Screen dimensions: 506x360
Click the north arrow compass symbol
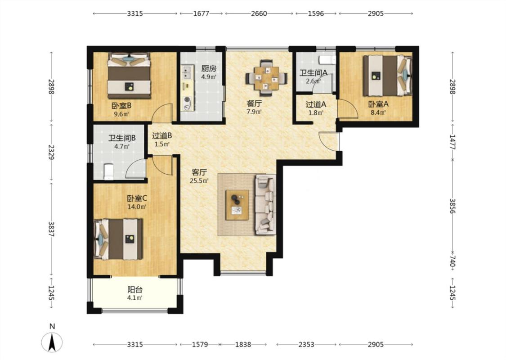pyautogui.click(x=52, y=342)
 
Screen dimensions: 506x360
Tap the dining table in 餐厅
pyautogui.click(x=266, y=78)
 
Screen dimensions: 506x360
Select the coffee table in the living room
pyautogui.click(x=237, y=205)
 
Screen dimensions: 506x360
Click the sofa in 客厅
pyautogui.click(x=265, y=204)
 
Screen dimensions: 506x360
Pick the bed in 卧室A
pyautogui.click(x=388, y=76)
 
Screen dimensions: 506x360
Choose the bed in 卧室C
pyautogui.click(x=118, y=239)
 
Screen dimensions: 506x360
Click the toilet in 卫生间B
pyautogui.click(x=108, y=171)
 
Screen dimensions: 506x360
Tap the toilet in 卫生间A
pyautogui.click(x=327, y=60)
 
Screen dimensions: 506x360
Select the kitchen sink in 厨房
pyautogui.click(x=187, y=72)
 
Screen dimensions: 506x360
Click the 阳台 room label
pyautogui.click(x=135, y=290)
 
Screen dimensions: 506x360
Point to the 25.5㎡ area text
pyautogui.click(x=199, y=181)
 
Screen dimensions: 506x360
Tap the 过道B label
pyautogui.click(x=161, y=136)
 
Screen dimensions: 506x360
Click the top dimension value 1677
pyautogui.click(x=201, y=13)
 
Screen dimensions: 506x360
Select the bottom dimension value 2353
pyautogui.click(x=306, y=345)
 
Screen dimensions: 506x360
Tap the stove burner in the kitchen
pyautogui.click(x=187, y=102)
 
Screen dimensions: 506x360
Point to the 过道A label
pyautogui.click(x=316, y=104)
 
